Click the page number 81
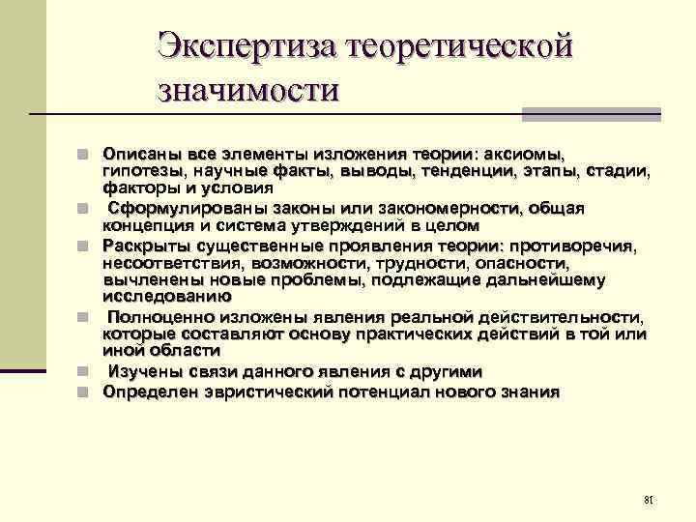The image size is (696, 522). [649, 500]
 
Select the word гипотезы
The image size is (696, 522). [142, 171]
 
